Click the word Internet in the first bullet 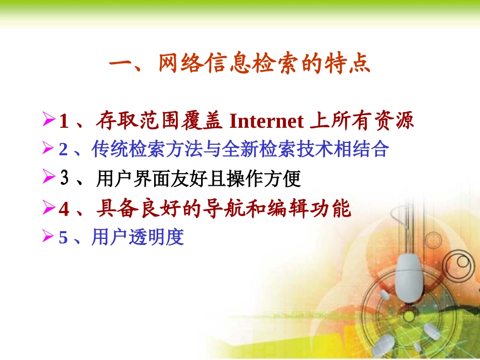pyautogui.click(x=266, y=121)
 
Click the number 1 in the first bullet pyautogui.click(x=64, y=122)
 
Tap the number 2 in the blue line pyautogui.click(x=63, y=150)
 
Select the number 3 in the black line pyautogui.click(x=64, y=179)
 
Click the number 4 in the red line pyautogui.click(x=64, y=209)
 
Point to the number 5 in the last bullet pyautogui.click(x=63, y=237)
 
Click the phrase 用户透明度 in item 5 pyautogui.click(x=137, y=237)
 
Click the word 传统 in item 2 pyautogui.click(x=109, y=149)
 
